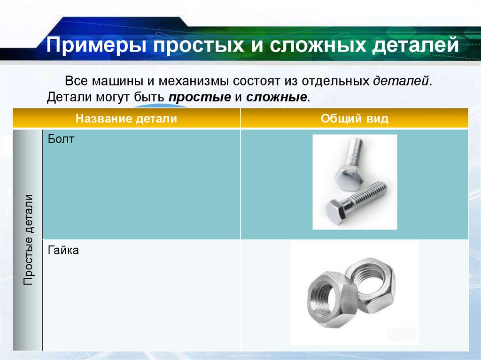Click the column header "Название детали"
(126, 118)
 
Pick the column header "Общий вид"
(355, 118)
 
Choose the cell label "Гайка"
(63, 251)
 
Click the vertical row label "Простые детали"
(28, 239)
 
